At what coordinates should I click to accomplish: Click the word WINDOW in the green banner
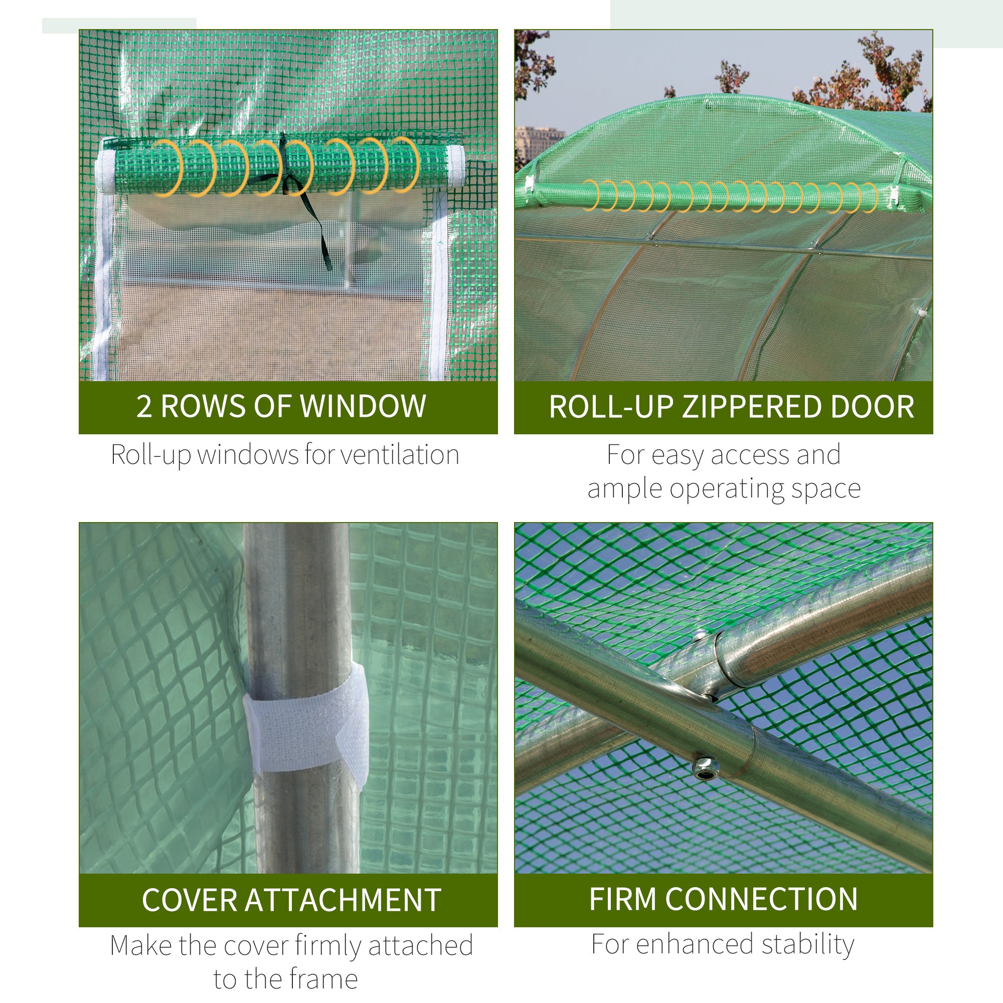364,406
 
